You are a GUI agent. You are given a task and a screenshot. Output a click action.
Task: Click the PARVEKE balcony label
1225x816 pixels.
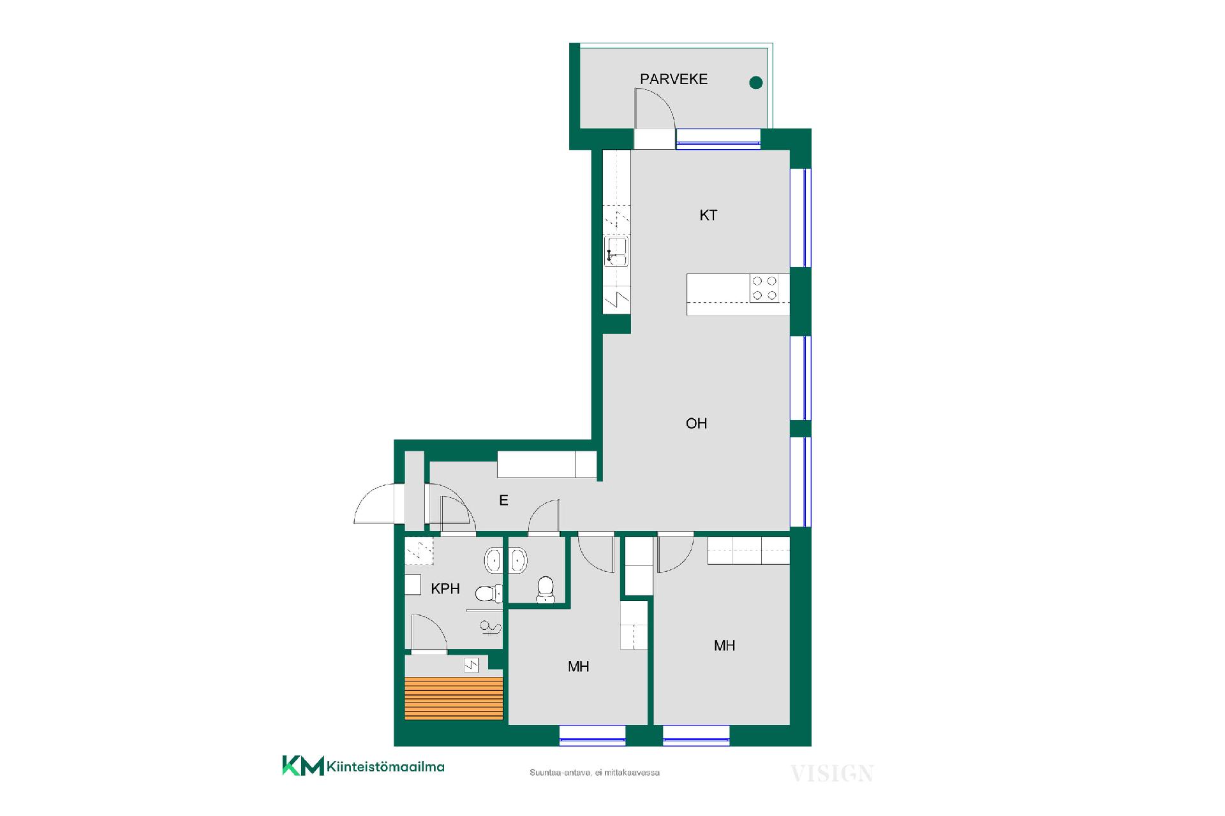(x=674, y=79)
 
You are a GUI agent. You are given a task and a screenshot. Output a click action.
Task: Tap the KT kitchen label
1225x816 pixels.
(x=708, y=215)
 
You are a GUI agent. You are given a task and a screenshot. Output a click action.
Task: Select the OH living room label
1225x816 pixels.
(x=696, y=423)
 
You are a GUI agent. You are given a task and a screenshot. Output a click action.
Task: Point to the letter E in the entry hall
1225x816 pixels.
(x=503, y=500)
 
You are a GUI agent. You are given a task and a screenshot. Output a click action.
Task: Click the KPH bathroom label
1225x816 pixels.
(x=445, y=588)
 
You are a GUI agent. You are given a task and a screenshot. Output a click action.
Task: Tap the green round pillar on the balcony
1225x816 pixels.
(x=755, y=82)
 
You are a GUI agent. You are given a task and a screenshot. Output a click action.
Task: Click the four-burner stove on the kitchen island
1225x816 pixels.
(x=764, y=288)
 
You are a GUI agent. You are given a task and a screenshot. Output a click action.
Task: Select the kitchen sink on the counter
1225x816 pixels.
(x=617, y=251)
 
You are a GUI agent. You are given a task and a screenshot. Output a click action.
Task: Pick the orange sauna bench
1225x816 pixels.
(x=454, y=698)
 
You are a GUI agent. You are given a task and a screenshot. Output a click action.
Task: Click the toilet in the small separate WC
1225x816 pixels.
(x=546, y=589)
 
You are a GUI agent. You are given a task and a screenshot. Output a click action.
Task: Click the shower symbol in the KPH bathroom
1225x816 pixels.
(x=489, y=629)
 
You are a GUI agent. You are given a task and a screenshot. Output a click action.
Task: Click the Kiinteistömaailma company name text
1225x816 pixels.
(x=385, y=766)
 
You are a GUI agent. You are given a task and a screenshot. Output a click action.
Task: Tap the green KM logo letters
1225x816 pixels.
(x=303, y=766)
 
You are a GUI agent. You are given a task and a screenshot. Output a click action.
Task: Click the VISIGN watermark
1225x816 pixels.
(x=832, y=774)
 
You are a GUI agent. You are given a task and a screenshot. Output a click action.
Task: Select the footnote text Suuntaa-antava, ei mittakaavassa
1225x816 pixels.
(x=595, y=773)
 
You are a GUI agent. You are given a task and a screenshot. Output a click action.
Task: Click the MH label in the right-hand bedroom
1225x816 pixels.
(x=724, y=646)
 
